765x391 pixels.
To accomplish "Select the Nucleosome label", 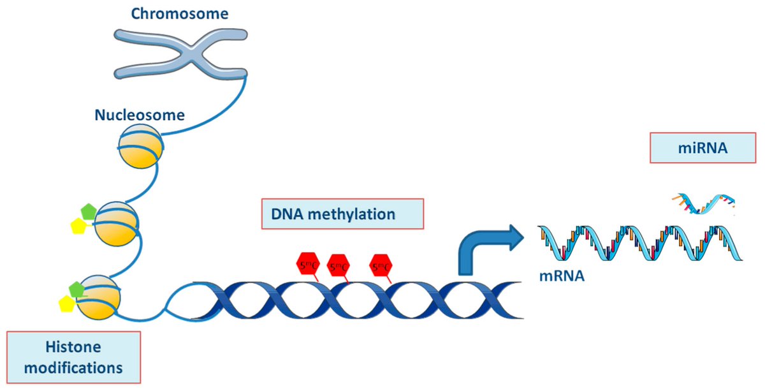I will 140,115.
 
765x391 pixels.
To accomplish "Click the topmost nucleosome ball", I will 140,147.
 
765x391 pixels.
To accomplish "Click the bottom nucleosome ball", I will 99,297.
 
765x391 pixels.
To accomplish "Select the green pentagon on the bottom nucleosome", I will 77,288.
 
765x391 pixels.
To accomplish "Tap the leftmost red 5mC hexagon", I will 308,263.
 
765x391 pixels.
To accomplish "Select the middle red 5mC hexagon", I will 339,265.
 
